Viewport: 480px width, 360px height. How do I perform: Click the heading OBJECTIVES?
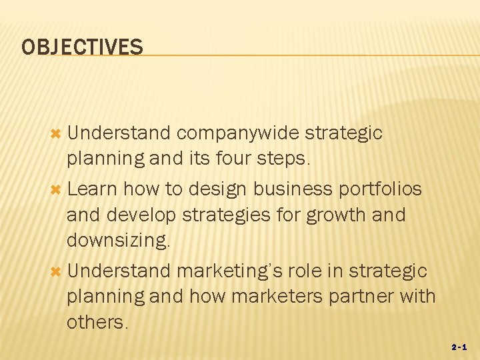tap(82, 47)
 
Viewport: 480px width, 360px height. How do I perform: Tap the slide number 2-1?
tap(458, 347)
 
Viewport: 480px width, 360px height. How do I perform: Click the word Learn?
tap(92, 189)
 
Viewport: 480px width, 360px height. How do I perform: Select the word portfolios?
tap(380, 189)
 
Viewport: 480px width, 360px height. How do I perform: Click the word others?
tap(96, 323)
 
